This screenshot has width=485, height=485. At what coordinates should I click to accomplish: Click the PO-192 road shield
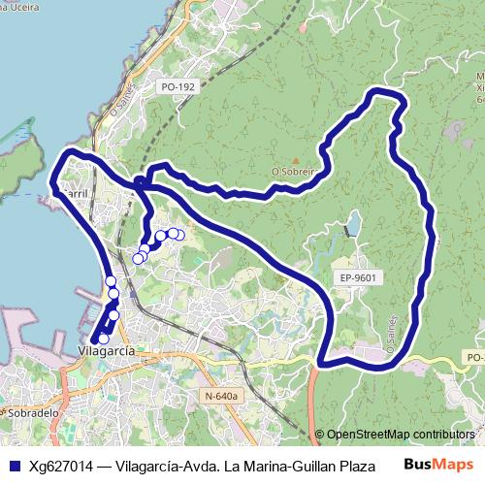176,87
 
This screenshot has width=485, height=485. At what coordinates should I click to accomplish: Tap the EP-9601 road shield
358,277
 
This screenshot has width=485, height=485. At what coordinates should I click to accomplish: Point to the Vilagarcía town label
106,352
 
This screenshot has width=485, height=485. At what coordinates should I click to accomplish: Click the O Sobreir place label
295,170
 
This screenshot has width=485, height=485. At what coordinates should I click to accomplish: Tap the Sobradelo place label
30,412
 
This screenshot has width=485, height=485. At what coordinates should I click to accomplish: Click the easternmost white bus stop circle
178,235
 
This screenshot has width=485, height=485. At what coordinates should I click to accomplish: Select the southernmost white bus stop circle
104,338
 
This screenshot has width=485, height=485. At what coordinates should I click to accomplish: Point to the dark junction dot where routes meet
141,181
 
